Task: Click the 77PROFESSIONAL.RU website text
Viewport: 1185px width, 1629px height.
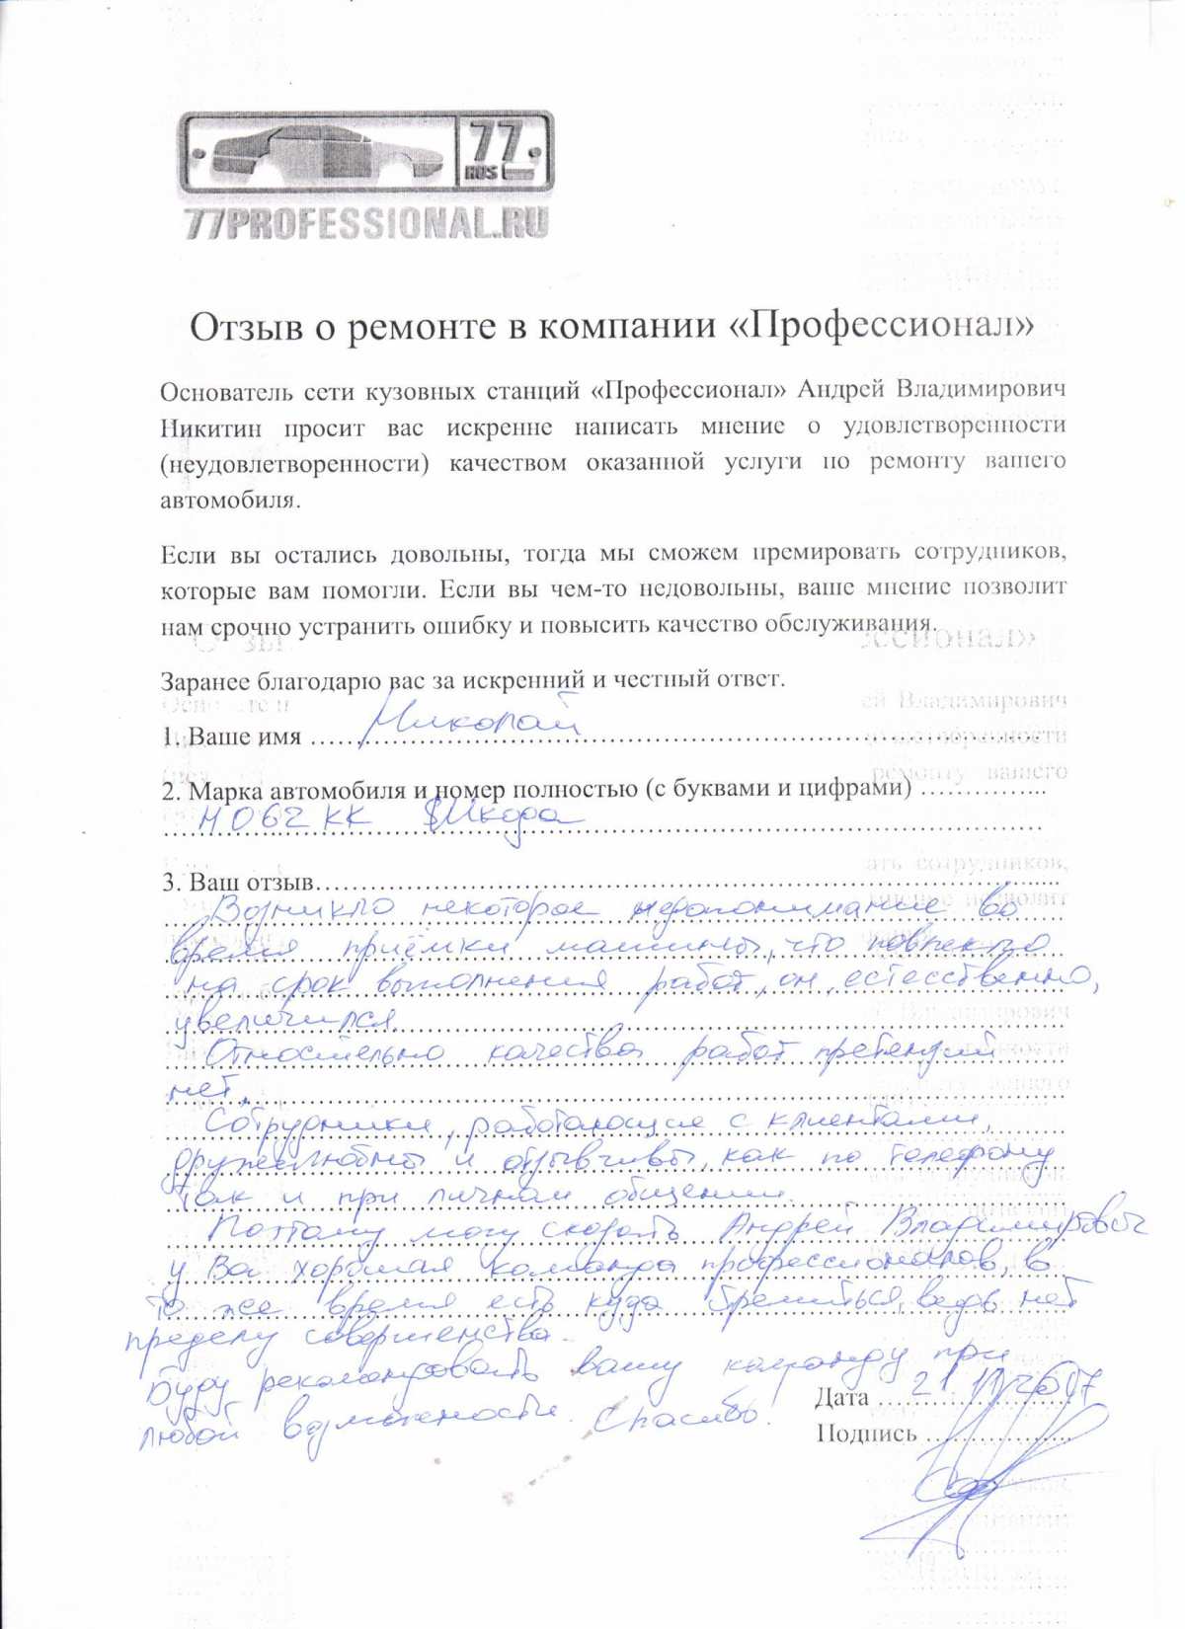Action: (365, 224)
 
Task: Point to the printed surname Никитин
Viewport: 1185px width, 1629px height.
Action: (209, 427)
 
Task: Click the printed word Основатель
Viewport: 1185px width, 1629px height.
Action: (223, 391)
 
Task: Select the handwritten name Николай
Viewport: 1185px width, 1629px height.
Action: (470, 720)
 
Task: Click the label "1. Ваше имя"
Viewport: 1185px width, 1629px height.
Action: (231, 737)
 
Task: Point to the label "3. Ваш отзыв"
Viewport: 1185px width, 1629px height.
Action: (236, 882)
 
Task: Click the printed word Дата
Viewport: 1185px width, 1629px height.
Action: (842, 1397)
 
